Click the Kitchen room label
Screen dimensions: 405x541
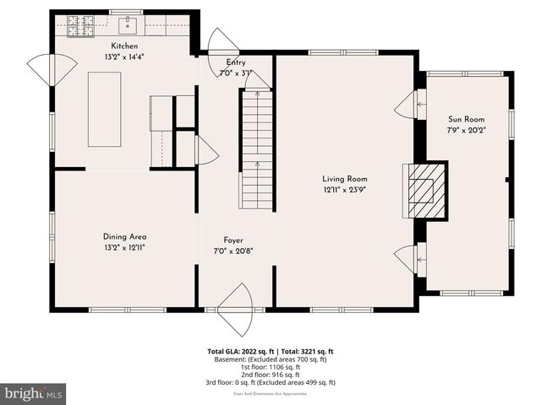pos(124,46)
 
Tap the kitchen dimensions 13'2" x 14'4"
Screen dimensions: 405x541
pos(124,57)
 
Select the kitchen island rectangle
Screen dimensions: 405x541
pos(105,110)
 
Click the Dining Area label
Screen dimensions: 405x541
pos(124,237)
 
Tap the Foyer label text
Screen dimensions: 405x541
pos(233,240)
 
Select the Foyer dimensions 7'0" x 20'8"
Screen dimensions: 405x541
pos(233,251)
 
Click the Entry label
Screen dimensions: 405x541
pos(236,63)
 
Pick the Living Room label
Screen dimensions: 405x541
pos(344,179)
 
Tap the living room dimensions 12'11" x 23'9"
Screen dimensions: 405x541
pos(344,190)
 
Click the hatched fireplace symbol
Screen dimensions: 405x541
pos(423,192)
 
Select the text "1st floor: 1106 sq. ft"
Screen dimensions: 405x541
pos(270,367)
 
